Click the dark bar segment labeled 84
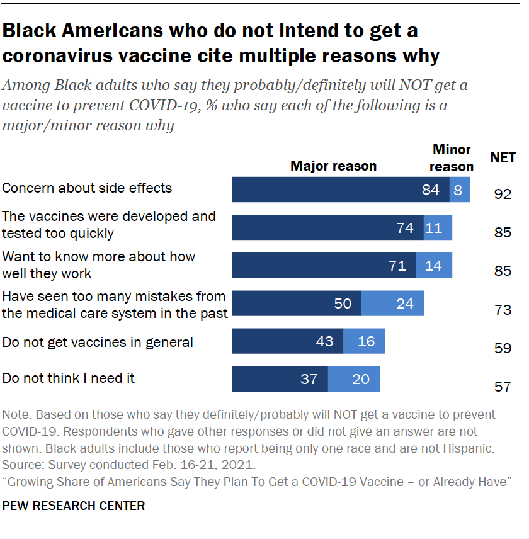pyautogui.click(x=341, y=190)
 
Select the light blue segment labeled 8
pyautogui.click(x=460, y=190)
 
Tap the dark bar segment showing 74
pyautogui.click(x=327, y=227)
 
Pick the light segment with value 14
pyautogui.click(x=434, y=265)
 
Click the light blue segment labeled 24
pyautogui.click(x=392, y=304)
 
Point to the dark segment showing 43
pyautogui.click(x=288, y=341)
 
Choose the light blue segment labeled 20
pyautogui.click(x=354, y=379)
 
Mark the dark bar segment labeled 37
pyautogui.click(x=280, y=379)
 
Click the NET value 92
pyautogui.click(x=503, y=195)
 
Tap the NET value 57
pyautogui.click(x=503, y=386)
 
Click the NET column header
pyautogui.click(x=503, y=158)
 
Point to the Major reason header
pyautogui.click(x=333, y=166)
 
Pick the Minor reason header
pyautogui.click(x=452, y=158)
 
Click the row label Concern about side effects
pyautogui.click(x=88, y=188)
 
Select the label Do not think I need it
pyautogui.click(x=69, y=378)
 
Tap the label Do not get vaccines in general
pyautogui.click(x=98, y=343)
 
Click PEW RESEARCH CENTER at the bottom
pyautogui.click(x=74, y=506)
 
